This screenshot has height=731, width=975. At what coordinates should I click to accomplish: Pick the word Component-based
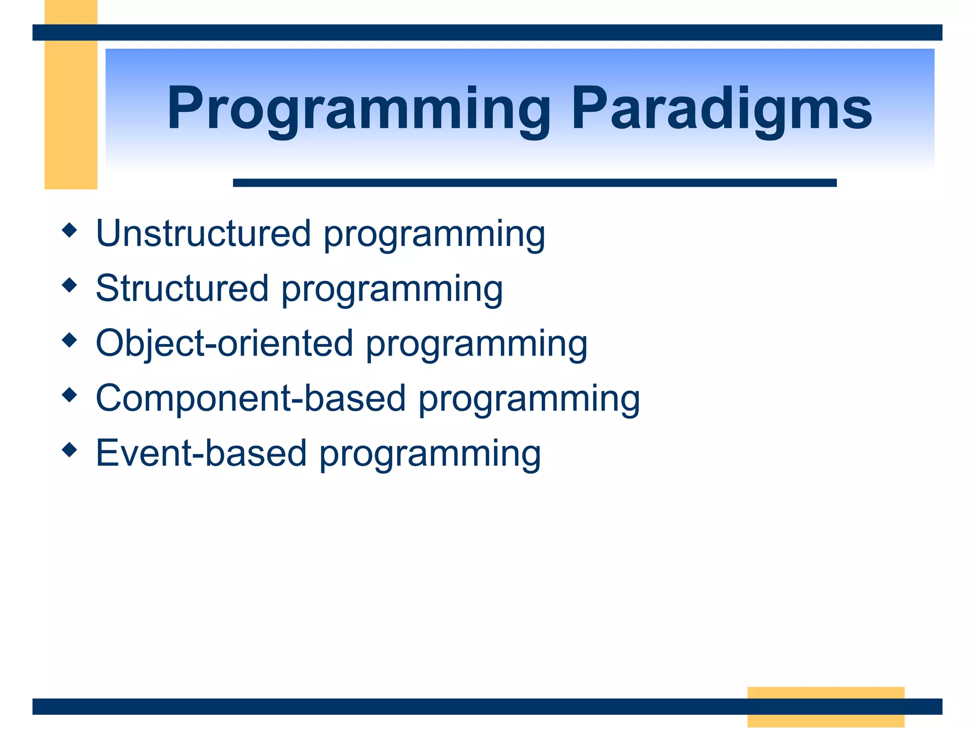(x=250, y=398)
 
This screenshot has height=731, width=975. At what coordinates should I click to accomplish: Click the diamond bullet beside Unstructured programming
(x=70, y=230)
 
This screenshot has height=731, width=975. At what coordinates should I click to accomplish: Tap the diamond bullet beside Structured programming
(x=70, y=285)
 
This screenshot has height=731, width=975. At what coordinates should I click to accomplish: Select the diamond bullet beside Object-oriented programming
(x=70, y=340)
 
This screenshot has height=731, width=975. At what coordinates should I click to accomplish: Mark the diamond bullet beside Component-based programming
(x=70, y=395)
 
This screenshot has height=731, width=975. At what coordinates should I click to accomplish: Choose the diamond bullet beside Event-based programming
(x=70, y=449)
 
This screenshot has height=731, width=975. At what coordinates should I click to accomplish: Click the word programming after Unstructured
(x=434, y=236)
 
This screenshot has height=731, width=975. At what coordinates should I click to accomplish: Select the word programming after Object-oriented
(x=477, y=346)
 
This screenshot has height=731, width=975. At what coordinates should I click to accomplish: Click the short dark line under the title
(x=534, y=183)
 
